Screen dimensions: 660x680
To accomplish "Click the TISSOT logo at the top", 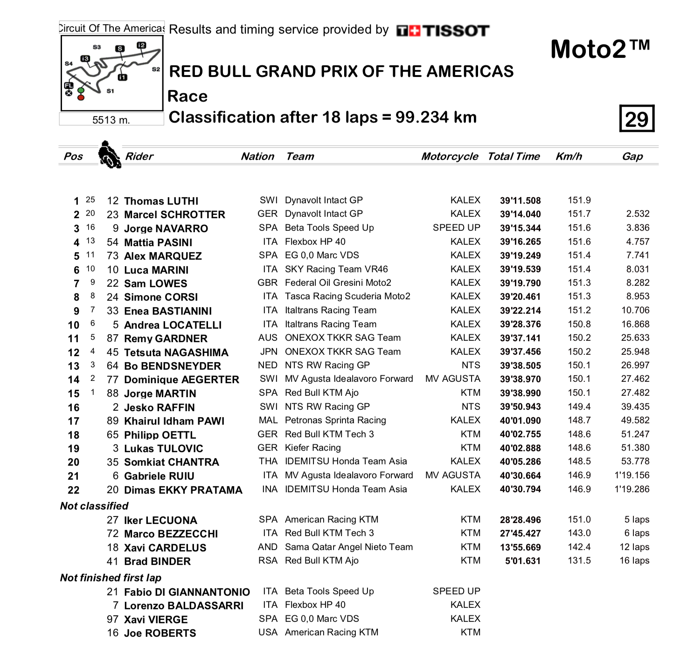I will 443,31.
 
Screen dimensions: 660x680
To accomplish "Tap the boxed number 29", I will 637,119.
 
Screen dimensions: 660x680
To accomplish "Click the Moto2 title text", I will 600,49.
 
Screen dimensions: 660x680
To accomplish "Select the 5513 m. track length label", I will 111,120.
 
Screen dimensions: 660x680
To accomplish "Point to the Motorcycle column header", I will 450,157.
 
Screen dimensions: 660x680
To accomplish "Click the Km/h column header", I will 569,157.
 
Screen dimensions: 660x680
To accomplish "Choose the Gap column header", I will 632,157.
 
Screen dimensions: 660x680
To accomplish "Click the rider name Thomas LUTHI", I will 161,201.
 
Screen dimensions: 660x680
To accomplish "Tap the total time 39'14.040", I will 520,214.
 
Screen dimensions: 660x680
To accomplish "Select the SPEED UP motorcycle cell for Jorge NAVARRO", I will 456,228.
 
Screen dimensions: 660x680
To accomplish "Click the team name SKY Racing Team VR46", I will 336,269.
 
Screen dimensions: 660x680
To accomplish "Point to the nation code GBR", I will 267,283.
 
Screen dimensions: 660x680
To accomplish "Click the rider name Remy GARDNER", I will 166,339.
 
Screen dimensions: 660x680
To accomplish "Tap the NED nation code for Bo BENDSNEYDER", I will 267,365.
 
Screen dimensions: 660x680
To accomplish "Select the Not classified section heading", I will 94,506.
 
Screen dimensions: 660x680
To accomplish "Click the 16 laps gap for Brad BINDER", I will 634,561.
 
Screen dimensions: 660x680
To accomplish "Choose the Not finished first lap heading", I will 111,578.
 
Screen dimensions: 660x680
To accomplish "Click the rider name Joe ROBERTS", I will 160,633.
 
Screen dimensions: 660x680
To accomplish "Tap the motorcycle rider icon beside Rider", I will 110,155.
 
